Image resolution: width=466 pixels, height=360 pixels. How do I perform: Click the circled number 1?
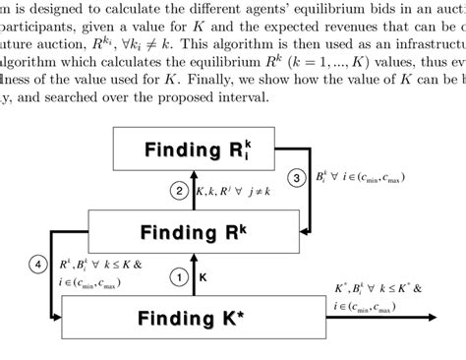(x=178, y=278)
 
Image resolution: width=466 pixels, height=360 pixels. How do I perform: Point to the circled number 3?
(x=295, y=179)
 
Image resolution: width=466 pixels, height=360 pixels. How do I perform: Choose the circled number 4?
(x=37, y=264)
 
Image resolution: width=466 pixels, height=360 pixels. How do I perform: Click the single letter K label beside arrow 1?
(x=204, y=278)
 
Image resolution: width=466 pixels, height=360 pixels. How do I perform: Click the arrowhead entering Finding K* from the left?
(x=57, y=317)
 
